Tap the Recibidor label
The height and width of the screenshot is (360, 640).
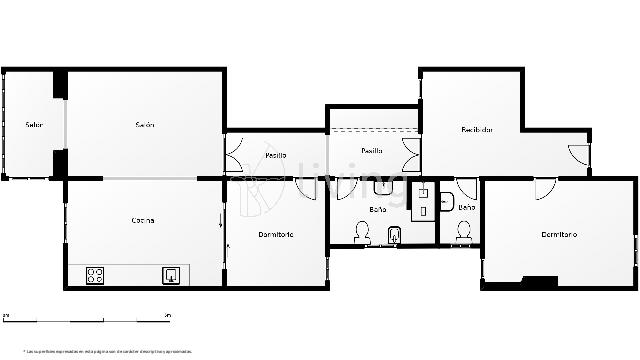click(476, 129)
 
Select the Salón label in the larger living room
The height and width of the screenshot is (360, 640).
click(145, 125)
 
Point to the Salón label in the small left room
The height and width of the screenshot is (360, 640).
click(34, 125)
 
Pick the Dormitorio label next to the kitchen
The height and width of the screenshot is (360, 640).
click(275, 234)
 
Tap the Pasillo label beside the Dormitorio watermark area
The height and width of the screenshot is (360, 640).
click(276, 155)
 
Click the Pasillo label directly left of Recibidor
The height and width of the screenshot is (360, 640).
click(372, 150)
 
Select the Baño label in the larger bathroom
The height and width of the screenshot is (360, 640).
click(378, 209)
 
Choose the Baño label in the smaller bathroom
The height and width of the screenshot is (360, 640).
click(466, 207)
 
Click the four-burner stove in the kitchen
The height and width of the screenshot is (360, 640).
click(96, 275)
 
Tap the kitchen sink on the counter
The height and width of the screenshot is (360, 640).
click(171, 275)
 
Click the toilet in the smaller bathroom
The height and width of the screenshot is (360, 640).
click(462, 230)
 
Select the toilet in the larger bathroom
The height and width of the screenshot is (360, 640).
click(361, 233)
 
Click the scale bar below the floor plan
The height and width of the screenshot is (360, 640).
click(86, 316)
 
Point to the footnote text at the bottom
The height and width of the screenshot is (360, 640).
click(108, 351)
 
